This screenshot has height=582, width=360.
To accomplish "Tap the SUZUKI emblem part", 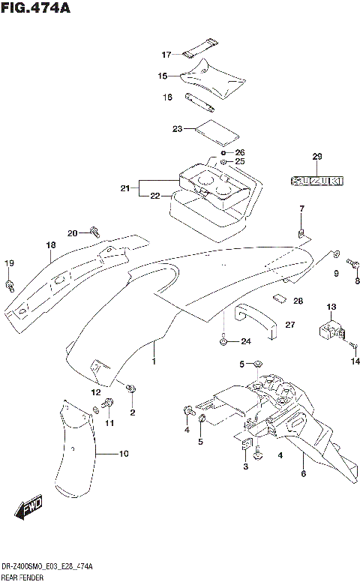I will (316, 181).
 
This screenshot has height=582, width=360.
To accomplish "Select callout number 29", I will (316, 157).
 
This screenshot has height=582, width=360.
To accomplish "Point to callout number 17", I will (167, 55).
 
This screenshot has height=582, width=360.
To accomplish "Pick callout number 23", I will (177, 129).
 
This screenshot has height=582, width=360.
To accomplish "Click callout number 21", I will (124, 188).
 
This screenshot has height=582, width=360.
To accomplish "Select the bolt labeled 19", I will (9, 284).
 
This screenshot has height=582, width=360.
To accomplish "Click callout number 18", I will (51, 245).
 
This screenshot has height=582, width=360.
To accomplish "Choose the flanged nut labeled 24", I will (223, 342).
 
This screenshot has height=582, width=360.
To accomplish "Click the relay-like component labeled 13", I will (331, 328).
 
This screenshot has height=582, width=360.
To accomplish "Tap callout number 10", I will (124, 454).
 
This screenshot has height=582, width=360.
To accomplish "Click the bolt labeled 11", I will (109, 405).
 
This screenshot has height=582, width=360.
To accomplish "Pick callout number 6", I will (304, 473).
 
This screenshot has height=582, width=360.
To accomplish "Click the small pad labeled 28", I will (280, 296).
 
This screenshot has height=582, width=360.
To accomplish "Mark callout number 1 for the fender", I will (154, 362).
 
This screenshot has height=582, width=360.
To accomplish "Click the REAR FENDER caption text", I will (22, 578).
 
